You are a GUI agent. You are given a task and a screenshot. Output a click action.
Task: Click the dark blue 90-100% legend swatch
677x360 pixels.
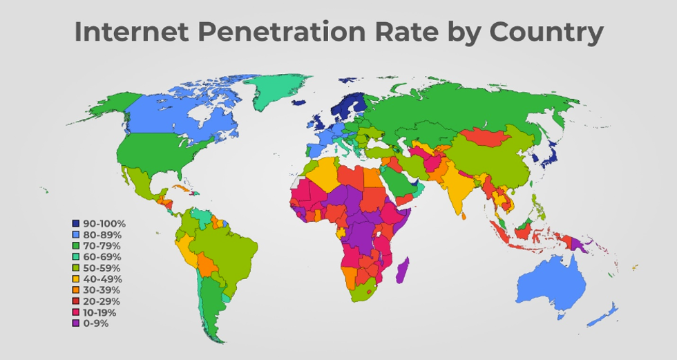[76, 223]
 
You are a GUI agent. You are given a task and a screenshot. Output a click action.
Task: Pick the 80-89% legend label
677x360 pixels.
[102, 234]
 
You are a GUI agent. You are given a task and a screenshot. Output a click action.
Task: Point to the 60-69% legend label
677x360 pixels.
[102, 256]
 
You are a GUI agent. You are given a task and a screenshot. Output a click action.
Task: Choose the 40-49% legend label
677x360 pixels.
[102, 279]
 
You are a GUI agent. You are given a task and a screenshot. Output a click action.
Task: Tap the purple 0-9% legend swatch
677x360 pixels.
[76, 323]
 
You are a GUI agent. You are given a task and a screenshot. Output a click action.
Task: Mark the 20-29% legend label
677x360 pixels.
[102, 301]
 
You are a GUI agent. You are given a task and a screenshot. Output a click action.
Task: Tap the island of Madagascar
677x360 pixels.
[402, 269]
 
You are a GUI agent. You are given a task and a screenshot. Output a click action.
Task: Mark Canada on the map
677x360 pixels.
[173, 114]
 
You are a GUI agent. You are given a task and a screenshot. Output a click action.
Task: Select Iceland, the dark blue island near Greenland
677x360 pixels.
[298, 103]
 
